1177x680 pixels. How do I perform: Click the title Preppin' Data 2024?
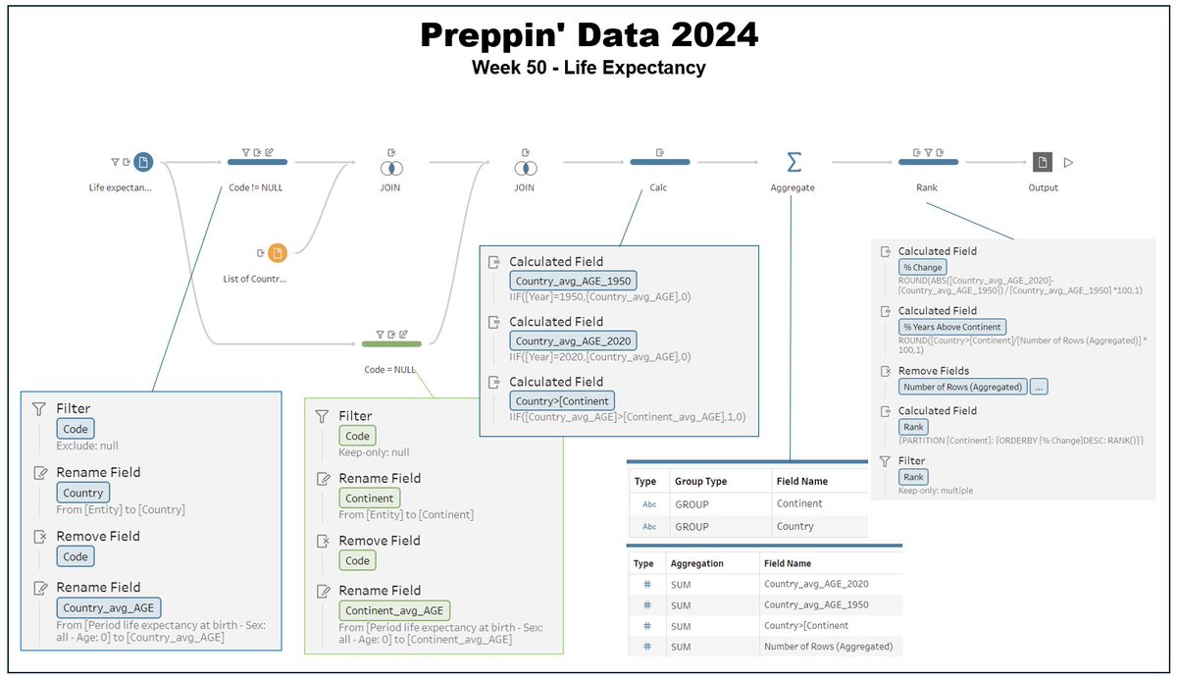click(588, 35)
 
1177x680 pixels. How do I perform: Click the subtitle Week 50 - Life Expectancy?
click(588, 68)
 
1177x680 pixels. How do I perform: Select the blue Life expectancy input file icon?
click(143, 162)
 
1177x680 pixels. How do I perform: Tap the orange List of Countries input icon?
click(278, 253)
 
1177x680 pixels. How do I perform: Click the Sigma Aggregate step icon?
click(793, 162)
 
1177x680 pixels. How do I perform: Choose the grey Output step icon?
click(1042, 162)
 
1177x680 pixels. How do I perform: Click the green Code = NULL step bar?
click(391, 343)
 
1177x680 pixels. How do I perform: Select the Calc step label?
click(658, 187)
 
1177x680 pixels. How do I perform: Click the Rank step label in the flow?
click(927, 187)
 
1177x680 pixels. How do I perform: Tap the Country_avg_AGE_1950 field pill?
click(573, 281)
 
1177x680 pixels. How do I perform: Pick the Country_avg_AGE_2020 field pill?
click(573, 340)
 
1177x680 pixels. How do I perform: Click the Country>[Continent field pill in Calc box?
click(562, 400)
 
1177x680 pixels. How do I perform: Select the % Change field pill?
click(922, 267)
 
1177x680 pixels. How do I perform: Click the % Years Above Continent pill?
click(951, 327)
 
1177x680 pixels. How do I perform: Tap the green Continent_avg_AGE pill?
click(395, 610)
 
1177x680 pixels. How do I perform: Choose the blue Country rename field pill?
click(82, 493)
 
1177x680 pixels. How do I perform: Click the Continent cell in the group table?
click(798, 503)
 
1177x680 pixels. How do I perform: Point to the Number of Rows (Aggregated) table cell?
click(828, 647)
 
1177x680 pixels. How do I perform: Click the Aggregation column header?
click(696, 564)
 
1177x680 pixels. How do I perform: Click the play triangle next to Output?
click(1069, 163)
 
